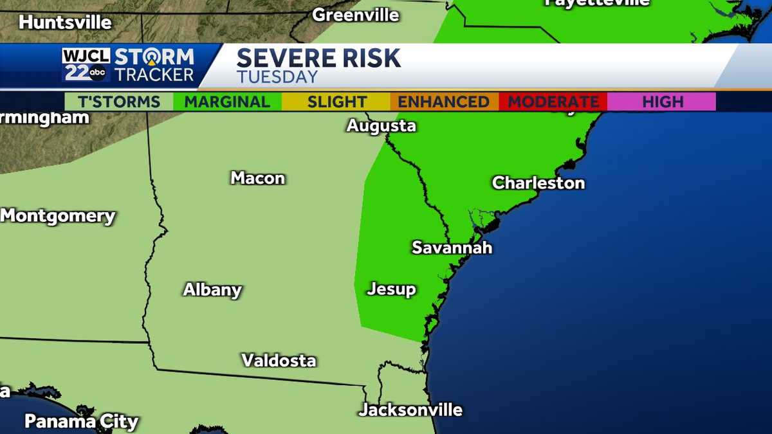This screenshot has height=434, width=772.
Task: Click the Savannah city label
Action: click(x=452, y=248)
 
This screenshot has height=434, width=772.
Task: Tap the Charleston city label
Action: click(x=538, y=183)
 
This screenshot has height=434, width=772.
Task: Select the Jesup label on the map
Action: click(x=391, y=290)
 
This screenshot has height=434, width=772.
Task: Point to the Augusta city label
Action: click(x=381, y=126)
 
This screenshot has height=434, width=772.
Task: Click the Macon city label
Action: click(x=257, y=178)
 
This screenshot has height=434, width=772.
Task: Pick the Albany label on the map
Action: click(x=212, y=290)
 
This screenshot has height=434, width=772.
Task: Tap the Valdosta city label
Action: click(x=279, y=361)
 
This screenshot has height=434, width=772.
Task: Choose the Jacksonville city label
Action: click(x=410, y=410)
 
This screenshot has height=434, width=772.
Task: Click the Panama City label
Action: click(x=81, y=422)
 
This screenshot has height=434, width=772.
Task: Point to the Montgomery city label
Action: click(x=58, y=216)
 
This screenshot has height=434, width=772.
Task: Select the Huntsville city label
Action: click(x=65, y=23)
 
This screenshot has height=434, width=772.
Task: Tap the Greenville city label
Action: click(x=356, y=15)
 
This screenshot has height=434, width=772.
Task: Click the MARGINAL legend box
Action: click(x=227, y=102)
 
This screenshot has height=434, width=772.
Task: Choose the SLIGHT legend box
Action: click(x=336, y=102)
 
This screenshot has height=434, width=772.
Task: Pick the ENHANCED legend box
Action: click(x=443, y=102)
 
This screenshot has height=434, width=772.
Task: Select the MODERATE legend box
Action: click(x=553, y=102)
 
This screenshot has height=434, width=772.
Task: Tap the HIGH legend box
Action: click(x=662, y=102)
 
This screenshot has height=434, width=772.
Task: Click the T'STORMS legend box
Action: click(x=119, y=102)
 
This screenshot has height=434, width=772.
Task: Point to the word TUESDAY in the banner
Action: click(x=277, y=77)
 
